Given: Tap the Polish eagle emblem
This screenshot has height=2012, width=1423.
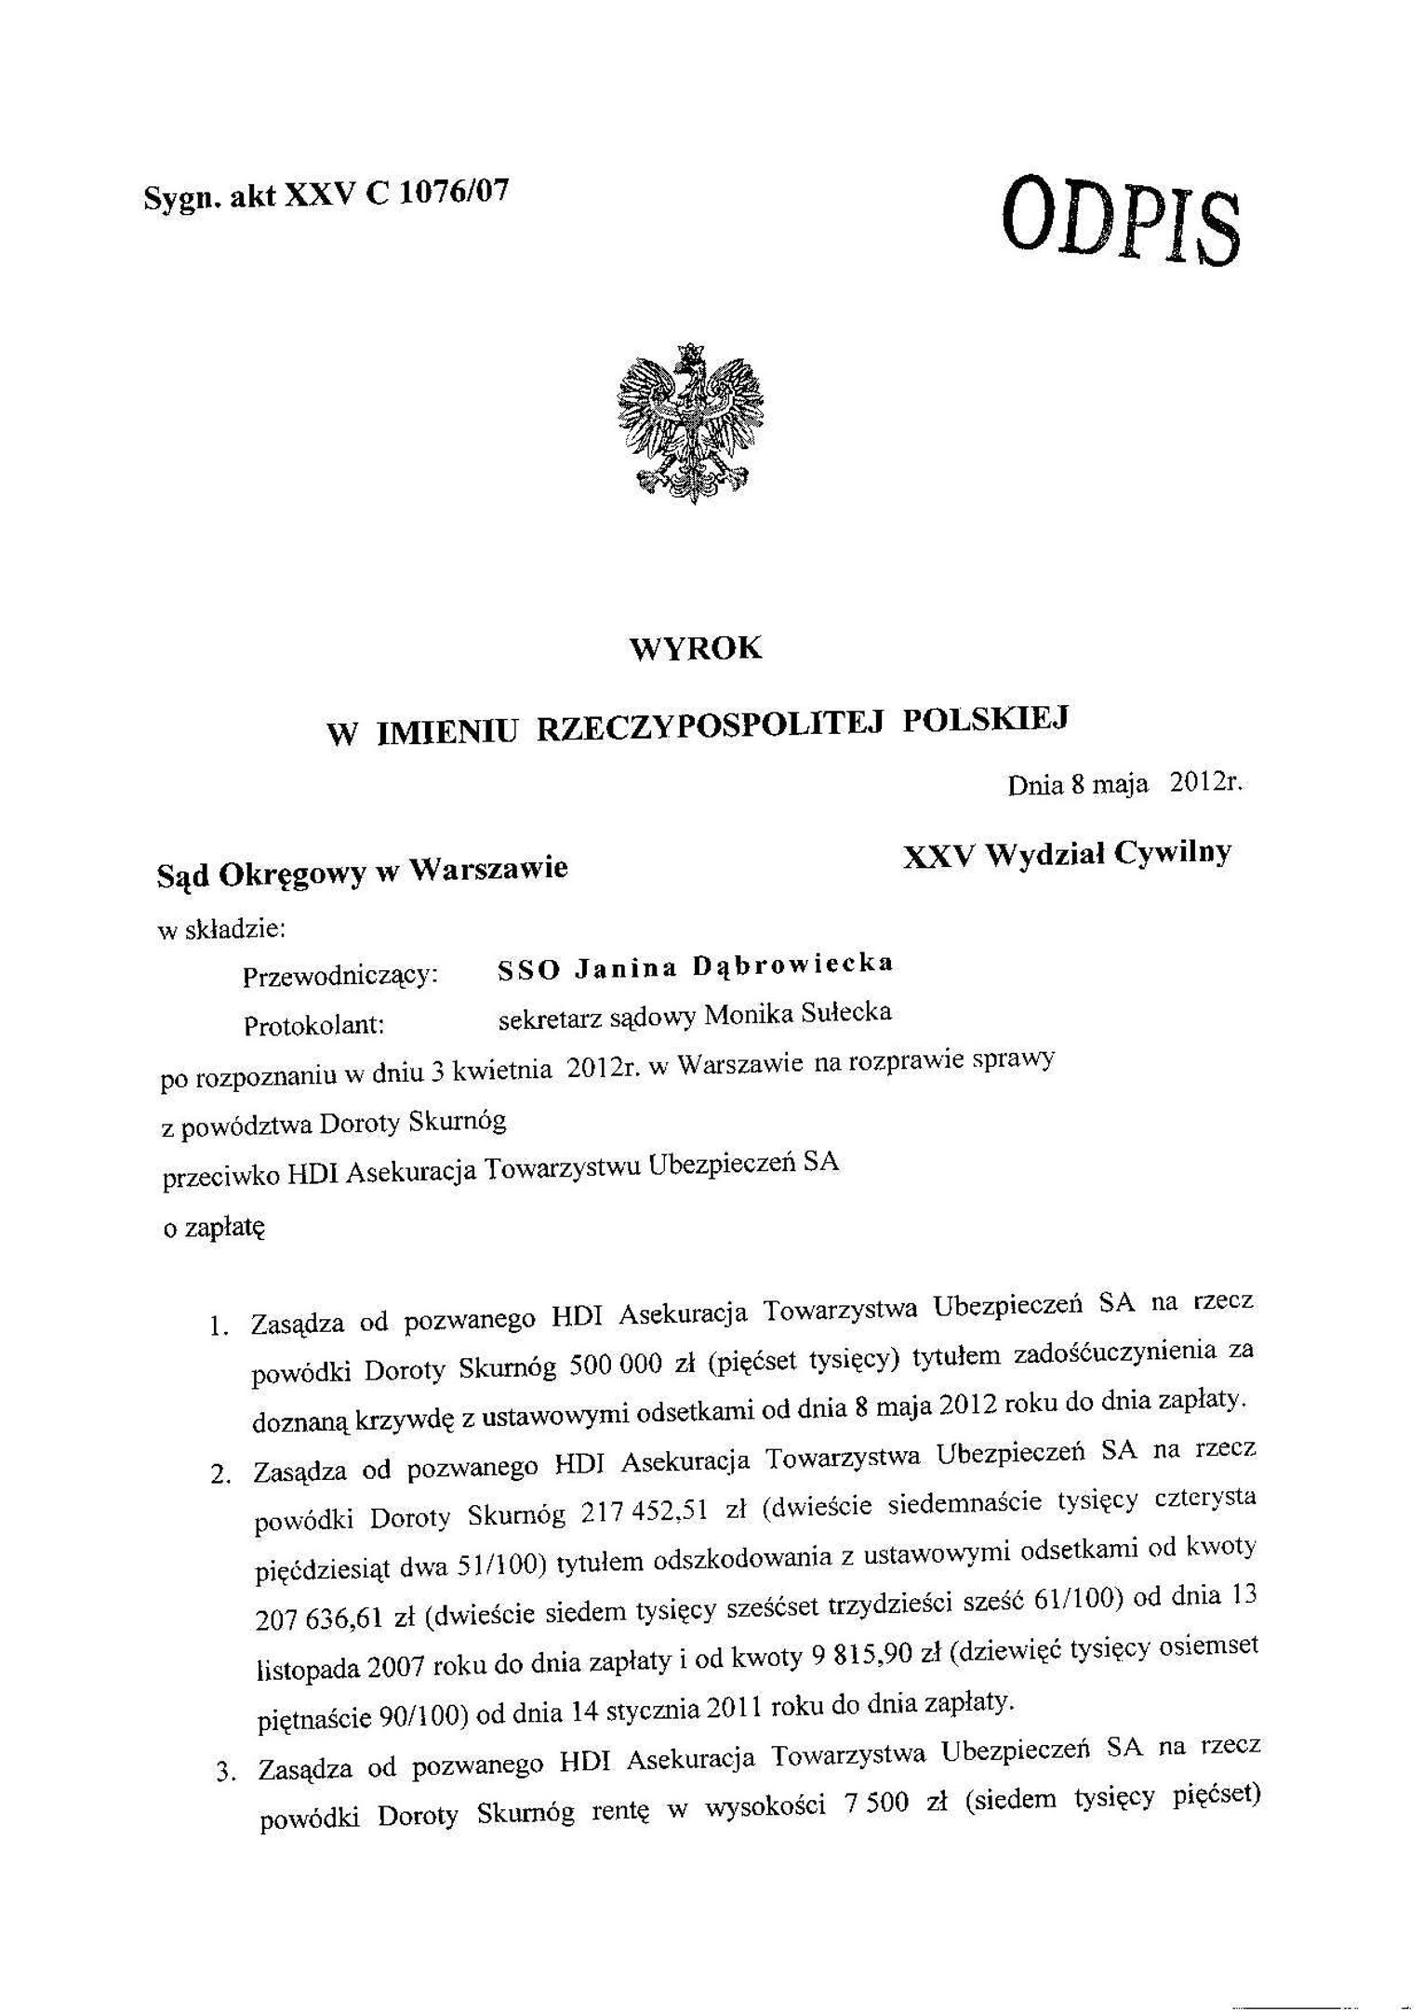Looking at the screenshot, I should pyautogui.click(x=691, y=423).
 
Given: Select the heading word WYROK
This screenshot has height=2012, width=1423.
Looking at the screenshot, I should pyautogui.click(x=696, y=648).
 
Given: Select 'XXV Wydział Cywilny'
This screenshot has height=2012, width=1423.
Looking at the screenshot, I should pyautogui.click(x=1067, y=854).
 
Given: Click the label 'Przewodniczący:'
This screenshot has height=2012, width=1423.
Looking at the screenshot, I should pyautogui.click(x=340, y=976).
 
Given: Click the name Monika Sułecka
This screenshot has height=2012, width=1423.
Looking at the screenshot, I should pyautogui.click(x=797, y=1013).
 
